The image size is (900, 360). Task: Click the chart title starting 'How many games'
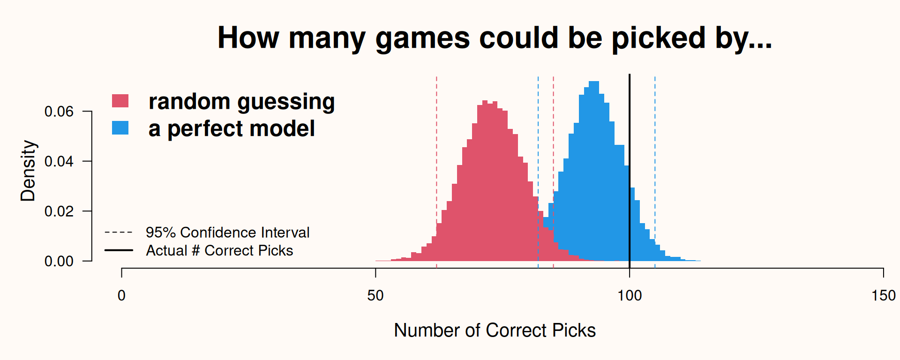coord(495,38)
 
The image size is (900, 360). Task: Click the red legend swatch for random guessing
coord(120,101)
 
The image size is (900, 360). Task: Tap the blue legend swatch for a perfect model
coord(120,128)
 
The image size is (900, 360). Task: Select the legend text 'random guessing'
coord(241,102)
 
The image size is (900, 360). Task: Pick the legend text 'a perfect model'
coord(232,129)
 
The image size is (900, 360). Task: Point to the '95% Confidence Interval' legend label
coord(227,232)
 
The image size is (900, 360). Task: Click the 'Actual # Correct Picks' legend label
coord(219,251)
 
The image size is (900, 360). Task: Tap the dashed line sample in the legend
coord(119,232)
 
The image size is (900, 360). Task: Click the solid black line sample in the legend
coord(119,250)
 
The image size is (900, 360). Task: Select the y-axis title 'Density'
coord(28,171)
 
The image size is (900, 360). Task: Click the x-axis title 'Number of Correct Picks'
coord(495,330)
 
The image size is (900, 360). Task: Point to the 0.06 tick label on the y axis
coord(59,112)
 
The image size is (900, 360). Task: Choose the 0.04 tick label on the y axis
coord(59,161)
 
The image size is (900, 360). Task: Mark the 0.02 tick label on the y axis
coord(59,211)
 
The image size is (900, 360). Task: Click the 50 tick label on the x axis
coord(375,296)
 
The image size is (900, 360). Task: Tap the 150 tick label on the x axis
coord(883,296)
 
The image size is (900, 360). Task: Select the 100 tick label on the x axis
coord(630,296)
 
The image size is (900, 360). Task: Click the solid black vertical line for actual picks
coord(630,171)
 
